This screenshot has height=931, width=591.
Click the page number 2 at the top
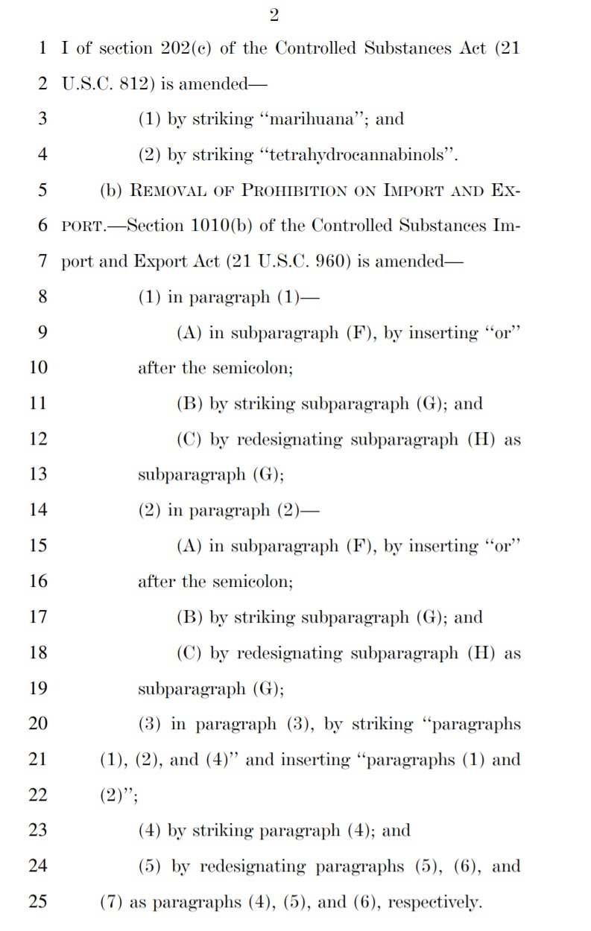coord(274,17)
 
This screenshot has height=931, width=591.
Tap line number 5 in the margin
coord(42,190)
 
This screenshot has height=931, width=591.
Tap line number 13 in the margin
coord(38,474)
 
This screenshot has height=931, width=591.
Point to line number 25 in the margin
coord(38,902)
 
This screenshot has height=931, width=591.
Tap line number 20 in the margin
coord(38,724)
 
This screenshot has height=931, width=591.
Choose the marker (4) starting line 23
coord(151,831)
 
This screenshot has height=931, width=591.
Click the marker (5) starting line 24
coord(151,867)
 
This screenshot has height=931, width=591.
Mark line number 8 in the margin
coord(42,297)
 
